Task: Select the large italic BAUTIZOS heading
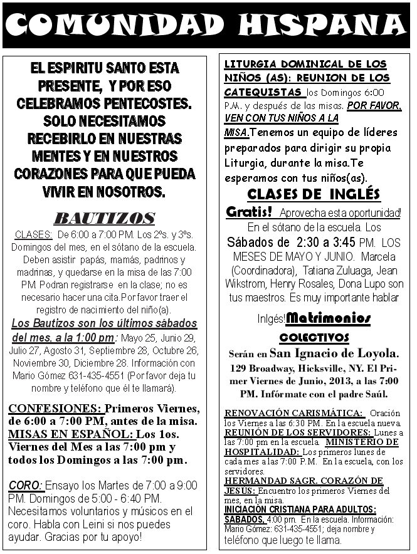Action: (x=104, y=218)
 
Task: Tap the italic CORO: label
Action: (x=26, y=486)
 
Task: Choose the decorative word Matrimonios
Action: (x=328, y=318)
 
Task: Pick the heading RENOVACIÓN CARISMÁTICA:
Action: (x=295, y=413)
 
